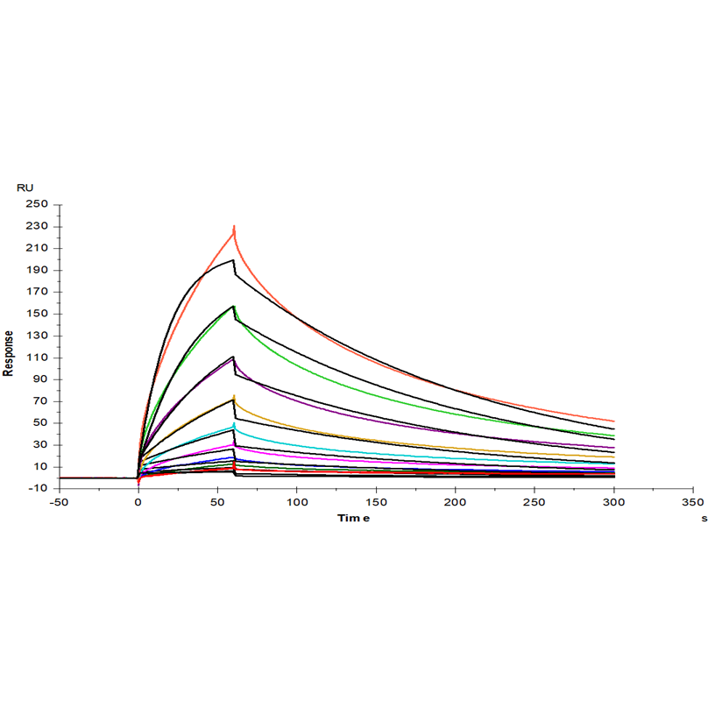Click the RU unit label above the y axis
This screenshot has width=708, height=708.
[x=25, y=188]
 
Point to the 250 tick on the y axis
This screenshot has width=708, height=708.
[x=36, y=205]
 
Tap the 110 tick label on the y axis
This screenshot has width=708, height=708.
[x=36, y=358]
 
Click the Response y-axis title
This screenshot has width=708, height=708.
[x=9, y=353]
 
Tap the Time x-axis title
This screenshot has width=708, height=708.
[x=354, y=518]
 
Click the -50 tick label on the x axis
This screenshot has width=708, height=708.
[x=59, y=503]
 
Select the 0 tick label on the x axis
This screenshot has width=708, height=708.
[x=138, y=503]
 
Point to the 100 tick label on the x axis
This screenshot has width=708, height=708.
[x=297, y=503]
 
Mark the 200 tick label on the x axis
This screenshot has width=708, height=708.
[x=456, y=503]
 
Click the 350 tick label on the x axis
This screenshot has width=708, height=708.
[x=693, y=503]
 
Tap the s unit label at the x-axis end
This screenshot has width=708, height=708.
[x=703, y=519]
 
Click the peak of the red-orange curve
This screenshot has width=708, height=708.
[x=234, y=228]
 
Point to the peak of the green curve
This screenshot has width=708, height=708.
[x=234, y=306]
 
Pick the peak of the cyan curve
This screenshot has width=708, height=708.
[x=234, y=425]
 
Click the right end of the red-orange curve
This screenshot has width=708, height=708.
[x=614, y=421]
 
